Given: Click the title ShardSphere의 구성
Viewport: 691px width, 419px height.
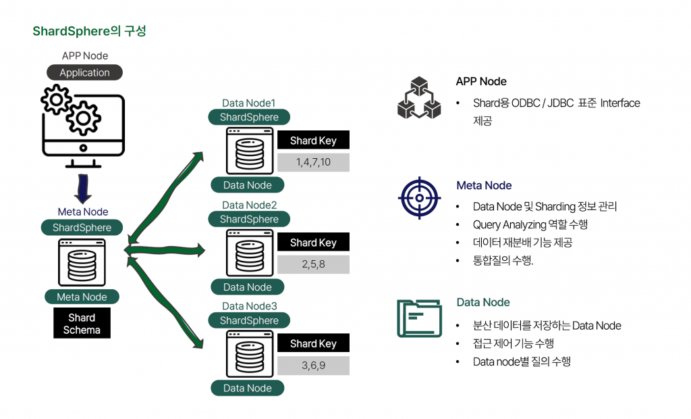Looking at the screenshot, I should coord(89,31).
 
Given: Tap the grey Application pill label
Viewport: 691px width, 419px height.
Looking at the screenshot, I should coord(84,72).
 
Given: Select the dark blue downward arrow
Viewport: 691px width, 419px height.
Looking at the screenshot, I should coord(82,189).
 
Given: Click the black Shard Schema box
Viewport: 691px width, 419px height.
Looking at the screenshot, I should coord(82,324).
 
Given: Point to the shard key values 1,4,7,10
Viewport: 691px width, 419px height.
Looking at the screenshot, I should coord(313,163).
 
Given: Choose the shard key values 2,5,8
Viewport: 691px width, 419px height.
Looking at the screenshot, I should coord(313,264).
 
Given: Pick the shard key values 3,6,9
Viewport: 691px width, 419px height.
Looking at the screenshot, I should coord(313,366).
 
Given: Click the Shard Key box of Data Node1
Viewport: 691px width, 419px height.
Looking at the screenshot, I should coord(313,141).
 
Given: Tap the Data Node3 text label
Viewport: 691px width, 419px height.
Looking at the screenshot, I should coord(248,306).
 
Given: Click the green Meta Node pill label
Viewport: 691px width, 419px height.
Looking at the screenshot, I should coord(82,297).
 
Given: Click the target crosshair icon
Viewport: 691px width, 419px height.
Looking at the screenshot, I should coord(419,198).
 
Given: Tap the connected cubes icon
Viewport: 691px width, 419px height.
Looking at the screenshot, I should coord(419,99).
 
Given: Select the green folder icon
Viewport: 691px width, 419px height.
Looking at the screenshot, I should coord(419,318).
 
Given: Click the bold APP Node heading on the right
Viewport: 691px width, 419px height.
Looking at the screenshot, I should coord(481,81).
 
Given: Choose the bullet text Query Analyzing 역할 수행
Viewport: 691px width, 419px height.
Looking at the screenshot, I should coord(530,224).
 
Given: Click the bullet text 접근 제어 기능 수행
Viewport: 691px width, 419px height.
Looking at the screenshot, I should coord(514,343).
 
